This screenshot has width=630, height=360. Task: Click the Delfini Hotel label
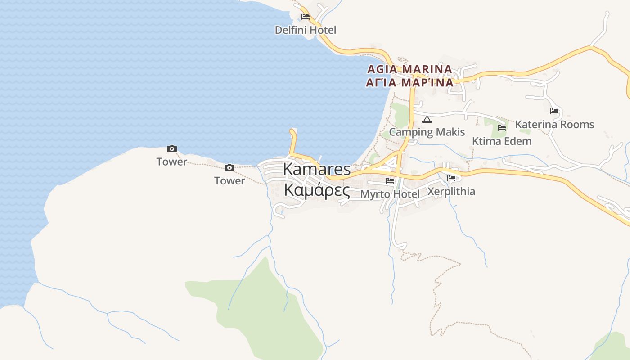pos(306,30)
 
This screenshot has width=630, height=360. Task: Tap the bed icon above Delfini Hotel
pos(306,17)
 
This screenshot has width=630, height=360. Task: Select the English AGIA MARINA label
pos(409,69)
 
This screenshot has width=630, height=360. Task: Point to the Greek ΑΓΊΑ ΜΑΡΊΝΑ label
pos(409,83)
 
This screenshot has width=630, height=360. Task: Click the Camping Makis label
pos(427,132)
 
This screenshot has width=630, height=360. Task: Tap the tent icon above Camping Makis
pos(427,119)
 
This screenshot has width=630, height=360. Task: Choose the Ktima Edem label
pos(502,141)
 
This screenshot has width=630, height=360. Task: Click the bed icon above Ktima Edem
pos(502,128)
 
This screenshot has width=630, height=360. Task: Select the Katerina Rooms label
pos(554,124)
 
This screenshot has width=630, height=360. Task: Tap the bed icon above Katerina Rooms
pos(554,111)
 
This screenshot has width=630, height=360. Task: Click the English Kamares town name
pos(317,169)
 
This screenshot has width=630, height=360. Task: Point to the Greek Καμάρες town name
pos(317,190)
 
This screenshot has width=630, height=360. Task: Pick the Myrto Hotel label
pos(390,194)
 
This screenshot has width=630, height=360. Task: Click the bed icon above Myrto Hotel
pos(390,181)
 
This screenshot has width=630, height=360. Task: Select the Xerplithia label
pos(451,191)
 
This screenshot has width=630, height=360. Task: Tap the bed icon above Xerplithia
pos(451,178)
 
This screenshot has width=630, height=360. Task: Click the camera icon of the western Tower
pos(172,148)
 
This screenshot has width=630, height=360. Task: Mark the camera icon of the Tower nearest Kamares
pos(229,168)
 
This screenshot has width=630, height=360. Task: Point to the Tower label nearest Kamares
pos(229,181)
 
